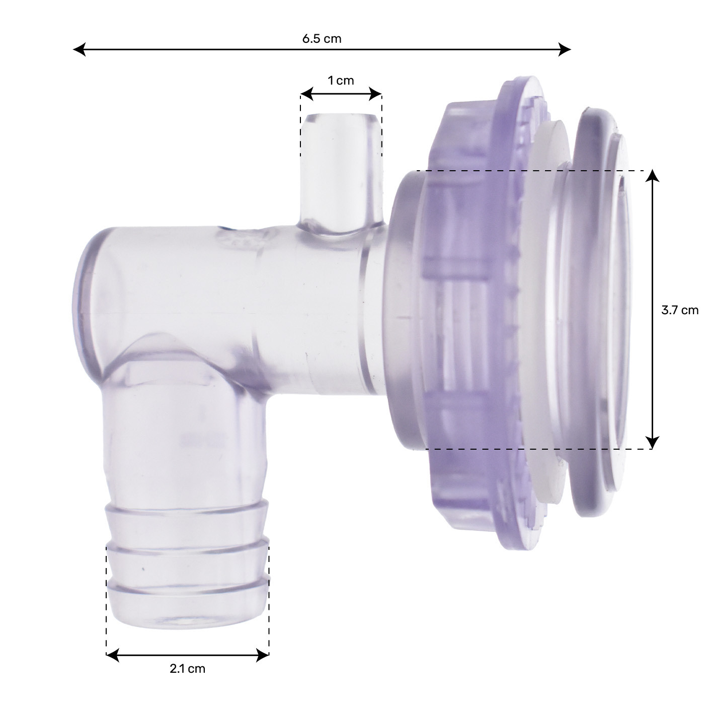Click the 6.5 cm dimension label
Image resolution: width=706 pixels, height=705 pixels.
coord(322,39)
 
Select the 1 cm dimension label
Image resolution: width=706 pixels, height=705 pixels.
coord(341,81)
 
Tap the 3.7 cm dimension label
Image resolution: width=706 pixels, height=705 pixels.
coord(679,310)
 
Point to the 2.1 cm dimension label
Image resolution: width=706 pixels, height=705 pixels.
coord(187,669)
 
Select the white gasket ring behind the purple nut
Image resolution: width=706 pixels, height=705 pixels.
coord(541,312)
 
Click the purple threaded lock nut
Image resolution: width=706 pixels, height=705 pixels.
coord(468,312)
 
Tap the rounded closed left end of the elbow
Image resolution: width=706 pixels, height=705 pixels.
coord(86,302)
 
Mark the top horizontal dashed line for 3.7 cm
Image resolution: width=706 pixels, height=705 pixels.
coord(528,171)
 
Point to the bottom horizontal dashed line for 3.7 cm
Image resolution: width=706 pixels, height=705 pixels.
coord(528,449)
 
